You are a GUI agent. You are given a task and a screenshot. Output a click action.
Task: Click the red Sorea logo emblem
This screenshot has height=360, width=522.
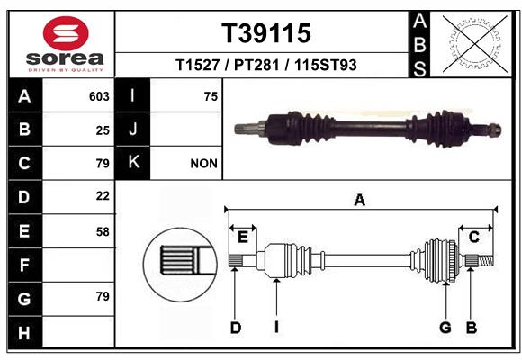pos(66,33)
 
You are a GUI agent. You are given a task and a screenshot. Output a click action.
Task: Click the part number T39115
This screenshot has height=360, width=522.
pos(266,33)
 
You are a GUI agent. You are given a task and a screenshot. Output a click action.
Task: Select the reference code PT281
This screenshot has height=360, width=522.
pos(256,65)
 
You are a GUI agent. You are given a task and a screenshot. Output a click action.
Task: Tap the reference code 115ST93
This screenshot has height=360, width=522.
pos(326,65)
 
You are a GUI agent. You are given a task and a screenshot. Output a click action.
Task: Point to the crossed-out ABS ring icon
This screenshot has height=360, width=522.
pos(475,44)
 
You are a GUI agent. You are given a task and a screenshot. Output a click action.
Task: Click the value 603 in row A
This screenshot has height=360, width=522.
pos(99,96)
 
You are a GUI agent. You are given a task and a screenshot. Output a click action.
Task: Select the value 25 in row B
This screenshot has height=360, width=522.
pos(103,130)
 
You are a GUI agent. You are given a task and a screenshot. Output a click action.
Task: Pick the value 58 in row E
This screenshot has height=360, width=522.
pos(103,231)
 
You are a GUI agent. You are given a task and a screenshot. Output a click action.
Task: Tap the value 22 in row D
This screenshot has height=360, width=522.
pos(103,196)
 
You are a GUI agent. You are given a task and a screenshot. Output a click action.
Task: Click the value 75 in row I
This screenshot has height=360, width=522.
pos(211,96)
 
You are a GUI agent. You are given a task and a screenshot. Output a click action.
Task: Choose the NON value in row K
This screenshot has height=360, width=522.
pos(203,164)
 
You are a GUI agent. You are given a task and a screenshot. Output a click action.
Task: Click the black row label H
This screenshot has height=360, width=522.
pos(25,332)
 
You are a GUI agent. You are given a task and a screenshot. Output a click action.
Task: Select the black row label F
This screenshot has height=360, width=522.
pos(25,265)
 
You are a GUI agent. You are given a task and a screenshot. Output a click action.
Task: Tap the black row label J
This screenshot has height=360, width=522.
pos(132,129)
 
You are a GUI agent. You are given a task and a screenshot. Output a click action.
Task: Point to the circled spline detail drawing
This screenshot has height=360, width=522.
pos(180,265)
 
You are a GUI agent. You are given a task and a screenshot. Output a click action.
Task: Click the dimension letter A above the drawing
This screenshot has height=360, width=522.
pos(360,201)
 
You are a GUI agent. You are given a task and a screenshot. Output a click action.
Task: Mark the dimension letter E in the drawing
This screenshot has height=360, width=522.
pos(243,238)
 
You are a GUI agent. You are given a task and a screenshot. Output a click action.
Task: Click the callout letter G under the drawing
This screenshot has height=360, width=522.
pos(445,328)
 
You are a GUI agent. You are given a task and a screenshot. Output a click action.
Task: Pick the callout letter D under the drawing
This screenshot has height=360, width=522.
pos(236,328)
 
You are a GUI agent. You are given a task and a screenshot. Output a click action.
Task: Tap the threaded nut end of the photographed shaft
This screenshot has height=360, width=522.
pos(494,130)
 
